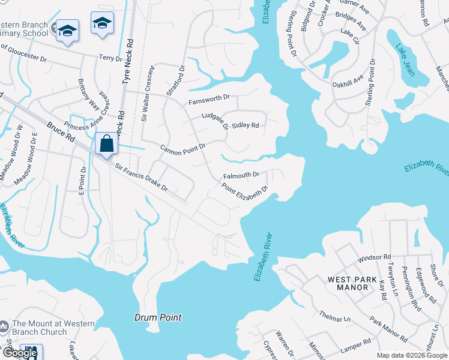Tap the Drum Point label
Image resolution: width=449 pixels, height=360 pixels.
click(x=158, y=317)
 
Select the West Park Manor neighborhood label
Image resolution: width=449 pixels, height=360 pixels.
click(x=348, y=283)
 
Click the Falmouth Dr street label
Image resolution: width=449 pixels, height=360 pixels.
click(x=241, y=176)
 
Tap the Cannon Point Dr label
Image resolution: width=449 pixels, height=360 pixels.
click(x=182, y=147)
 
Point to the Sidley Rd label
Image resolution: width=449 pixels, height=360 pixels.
click(x=245, y=125)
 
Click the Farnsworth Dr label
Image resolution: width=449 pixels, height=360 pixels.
click(x=209, y=98)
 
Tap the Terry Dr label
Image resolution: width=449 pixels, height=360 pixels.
click(x=110, y=57)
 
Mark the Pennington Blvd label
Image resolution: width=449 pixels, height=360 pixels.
click(x=409, y=287)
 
